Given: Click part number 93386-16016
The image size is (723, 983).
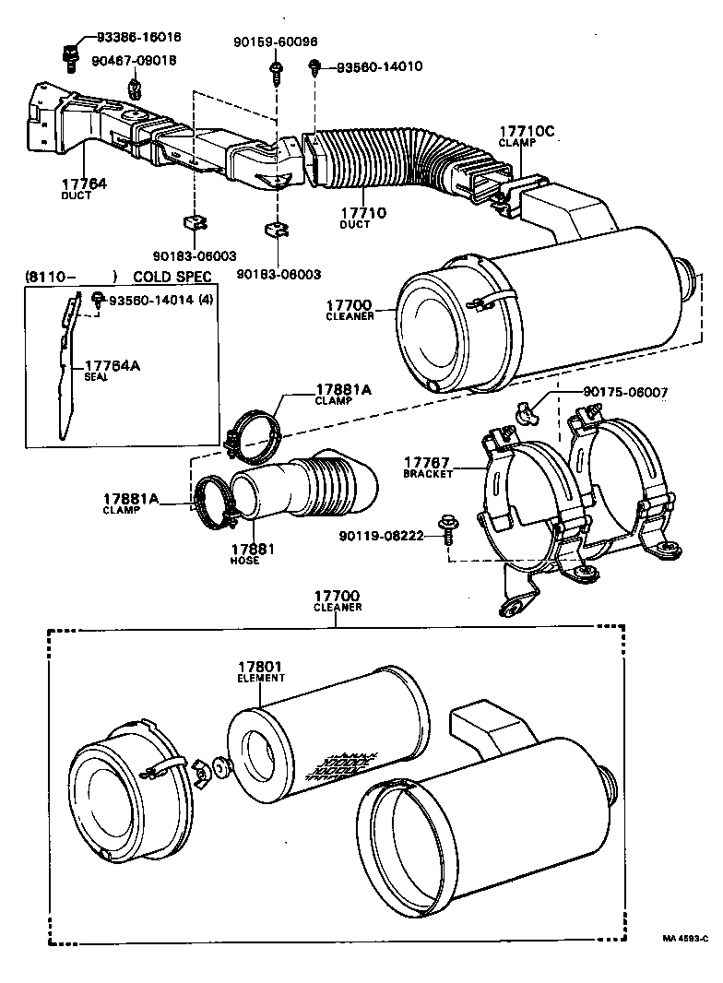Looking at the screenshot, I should click(x=138, y=38).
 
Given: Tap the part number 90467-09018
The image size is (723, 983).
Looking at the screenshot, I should click(x=134, y=60).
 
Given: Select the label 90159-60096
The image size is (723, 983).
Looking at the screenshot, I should click(x=275, y=41).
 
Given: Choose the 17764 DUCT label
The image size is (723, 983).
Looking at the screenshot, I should click(x=84, y=189).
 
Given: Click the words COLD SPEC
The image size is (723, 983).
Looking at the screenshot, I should click(x=172, y=276).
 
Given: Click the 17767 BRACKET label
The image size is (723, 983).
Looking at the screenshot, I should click(x=428, y=466).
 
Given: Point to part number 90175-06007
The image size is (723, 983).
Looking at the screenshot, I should click(x=625, y=392).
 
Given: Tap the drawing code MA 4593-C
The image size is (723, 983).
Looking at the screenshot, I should click(x=683, y=939).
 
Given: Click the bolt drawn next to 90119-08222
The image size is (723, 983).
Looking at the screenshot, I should click(x=448, y=528).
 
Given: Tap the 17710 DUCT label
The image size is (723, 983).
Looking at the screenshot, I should click(x=362, y=218).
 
